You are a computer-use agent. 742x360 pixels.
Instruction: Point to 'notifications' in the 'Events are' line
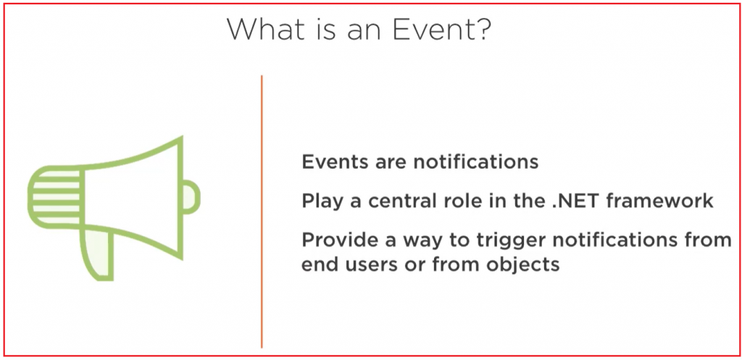[476, 162]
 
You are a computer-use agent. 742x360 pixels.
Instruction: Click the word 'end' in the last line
[320, 264]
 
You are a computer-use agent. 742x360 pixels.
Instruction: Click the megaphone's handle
[98, 253]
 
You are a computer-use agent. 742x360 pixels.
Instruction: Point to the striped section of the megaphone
[55, 196]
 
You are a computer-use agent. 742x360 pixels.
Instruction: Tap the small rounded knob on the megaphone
[191, 197]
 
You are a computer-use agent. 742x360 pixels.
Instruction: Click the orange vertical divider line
[262, 212]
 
